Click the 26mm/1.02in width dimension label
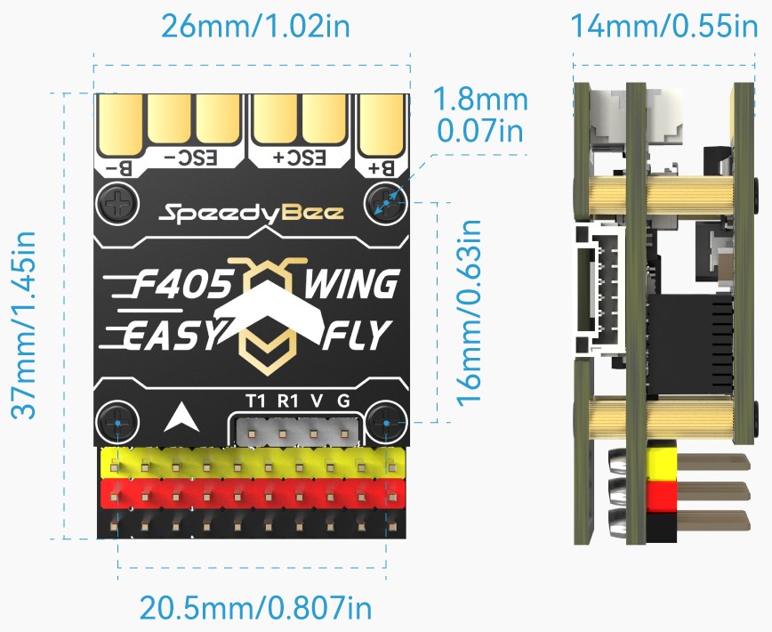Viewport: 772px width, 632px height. point(255,25)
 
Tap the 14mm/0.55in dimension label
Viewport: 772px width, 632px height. point(664,25)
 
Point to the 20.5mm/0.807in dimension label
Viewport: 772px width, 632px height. point(255,608)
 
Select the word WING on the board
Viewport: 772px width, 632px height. point(350,285)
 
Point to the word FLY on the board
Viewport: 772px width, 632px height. point(357,336)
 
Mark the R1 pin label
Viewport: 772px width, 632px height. point(286,401)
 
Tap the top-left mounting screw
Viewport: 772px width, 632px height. point(117,201)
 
